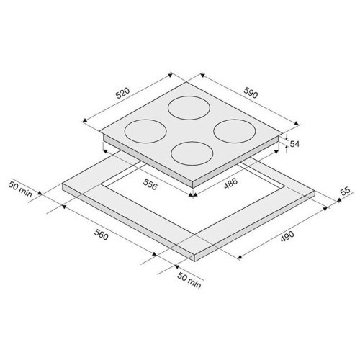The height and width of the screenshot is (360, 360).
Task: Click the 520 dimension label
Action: tap(122, 94)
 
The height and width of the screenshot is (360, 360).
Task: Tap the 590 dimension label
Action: tap(251, 93)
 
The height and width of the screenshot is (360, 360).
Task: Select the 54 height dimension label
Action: tap(294, 144)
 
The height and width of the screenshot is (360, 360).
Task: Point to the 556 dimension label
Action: tap(150, 184)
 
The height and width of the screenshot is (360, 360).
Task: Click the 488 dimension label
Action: tap(230, 184)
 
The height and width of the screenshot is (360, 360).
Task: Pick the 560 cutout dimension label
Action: tap(101, 235)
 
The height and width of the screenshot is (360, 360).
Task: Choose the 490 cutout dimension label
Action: tap(287, 236)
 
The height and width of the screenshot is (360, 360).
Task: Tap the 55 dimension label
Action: tap(346, 192)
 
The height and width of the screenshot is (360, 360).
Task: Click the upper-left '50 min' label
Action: tap(20, 189)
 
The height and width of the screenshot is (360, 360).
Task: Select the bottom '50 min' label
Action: tap(189, 280)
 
